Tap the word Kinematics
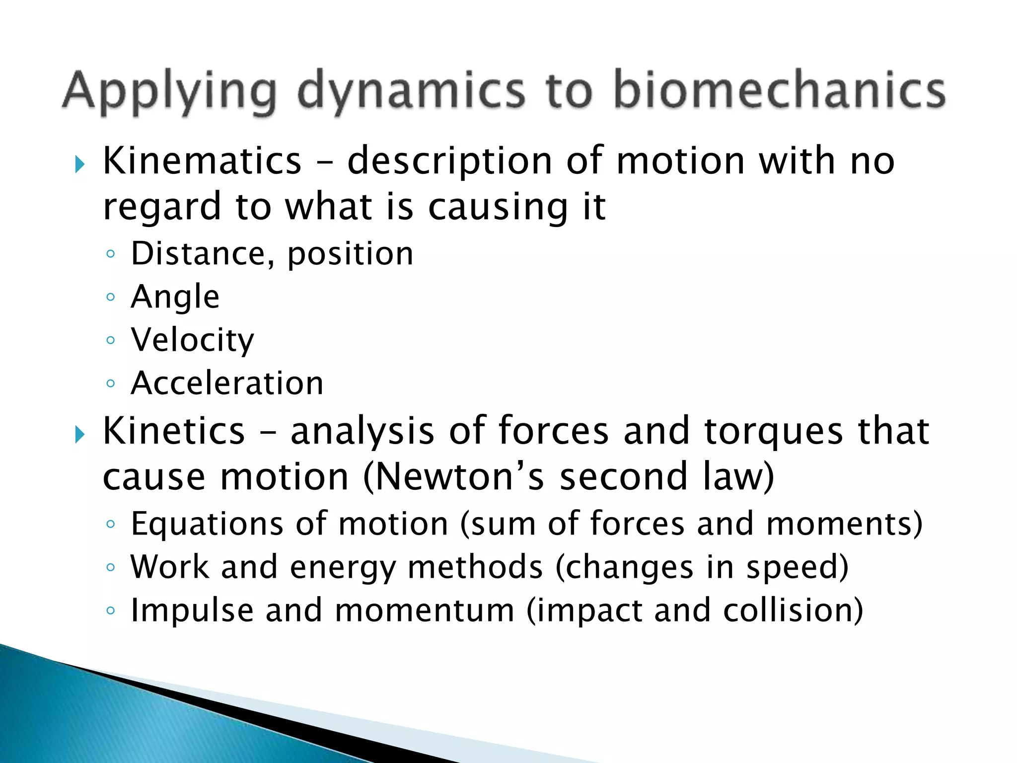[x=202, y=161]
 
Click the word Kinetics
[x=174, y=431]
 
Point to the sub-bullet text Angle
[x=175, y=298]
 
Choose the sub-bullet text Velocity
[x=192, y=341]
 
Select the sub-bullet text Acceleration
[x=227, y=383]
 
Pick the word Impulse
[x=192, y=610]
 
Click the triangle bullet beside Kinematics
[x=80, y=164]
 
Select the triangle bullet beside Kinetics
[x=80, y=435]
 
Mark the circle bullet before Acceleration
[x=111, y=383]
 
